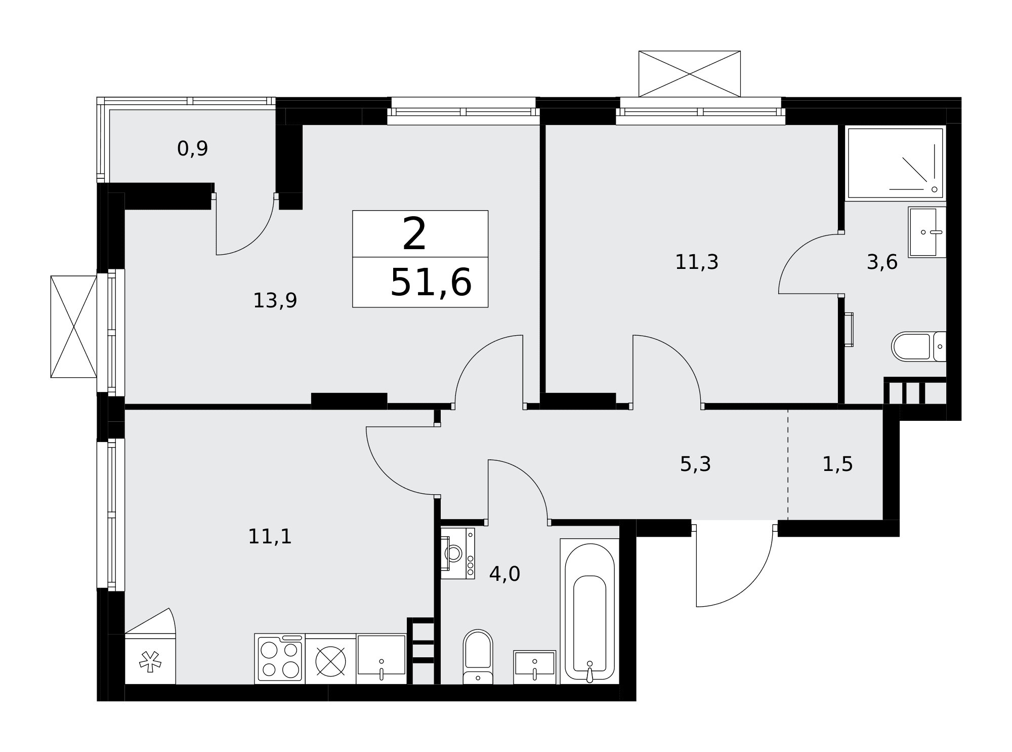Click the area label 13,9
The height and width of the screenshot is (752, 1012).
(x=275, y=301)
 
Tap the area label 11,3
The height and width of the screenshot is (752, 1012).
(x=697, y=262)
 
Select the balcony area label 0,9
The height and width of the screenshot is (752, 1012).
(x=192, y=149)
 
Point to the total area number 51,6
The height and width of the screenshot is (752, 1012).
(x=431, y=282)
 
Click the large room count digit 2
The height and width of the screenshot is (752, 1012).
(x=414, y=233)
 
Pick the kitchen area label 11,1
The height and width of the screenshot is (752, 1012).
(x=270, y=537)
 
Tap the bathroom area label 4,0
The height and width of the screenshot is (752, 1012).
(x=504, y=574)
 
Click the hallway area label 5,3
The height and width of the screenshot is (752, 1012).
(x=695, y=464)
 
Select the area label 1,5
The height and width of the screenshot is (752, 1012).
(x=837, y=464)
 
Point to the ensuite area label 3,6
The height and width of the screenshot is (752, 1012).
(x=882, y=262)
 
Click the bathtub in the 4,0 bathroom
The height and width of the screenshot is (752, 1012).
(x=589, y=612)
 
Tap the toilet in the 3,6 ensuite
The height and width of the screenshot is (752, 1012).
(x=919, y=346)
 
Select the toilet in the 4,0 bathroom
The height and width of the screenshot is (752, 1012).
(x=478, y=657)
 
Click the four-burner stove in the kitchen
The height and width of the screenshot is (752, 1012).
(x=280, y=659)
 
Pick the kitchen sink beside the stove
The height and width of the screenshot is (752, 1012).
(x=382, y=659)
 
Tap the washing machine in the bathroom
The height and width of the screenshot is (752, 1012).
(x=457, y=553)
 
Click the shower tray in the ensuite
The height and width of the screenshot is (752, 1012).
(x=896, y=163)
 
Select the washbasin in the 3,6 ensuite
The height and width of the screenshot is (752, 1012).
(x=927, y=232)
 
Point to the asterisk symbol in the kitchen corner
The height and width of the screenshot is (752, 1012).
(x=150, y=661)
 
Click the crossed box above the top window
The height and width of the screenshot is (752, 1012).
(x=690, y=74)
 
